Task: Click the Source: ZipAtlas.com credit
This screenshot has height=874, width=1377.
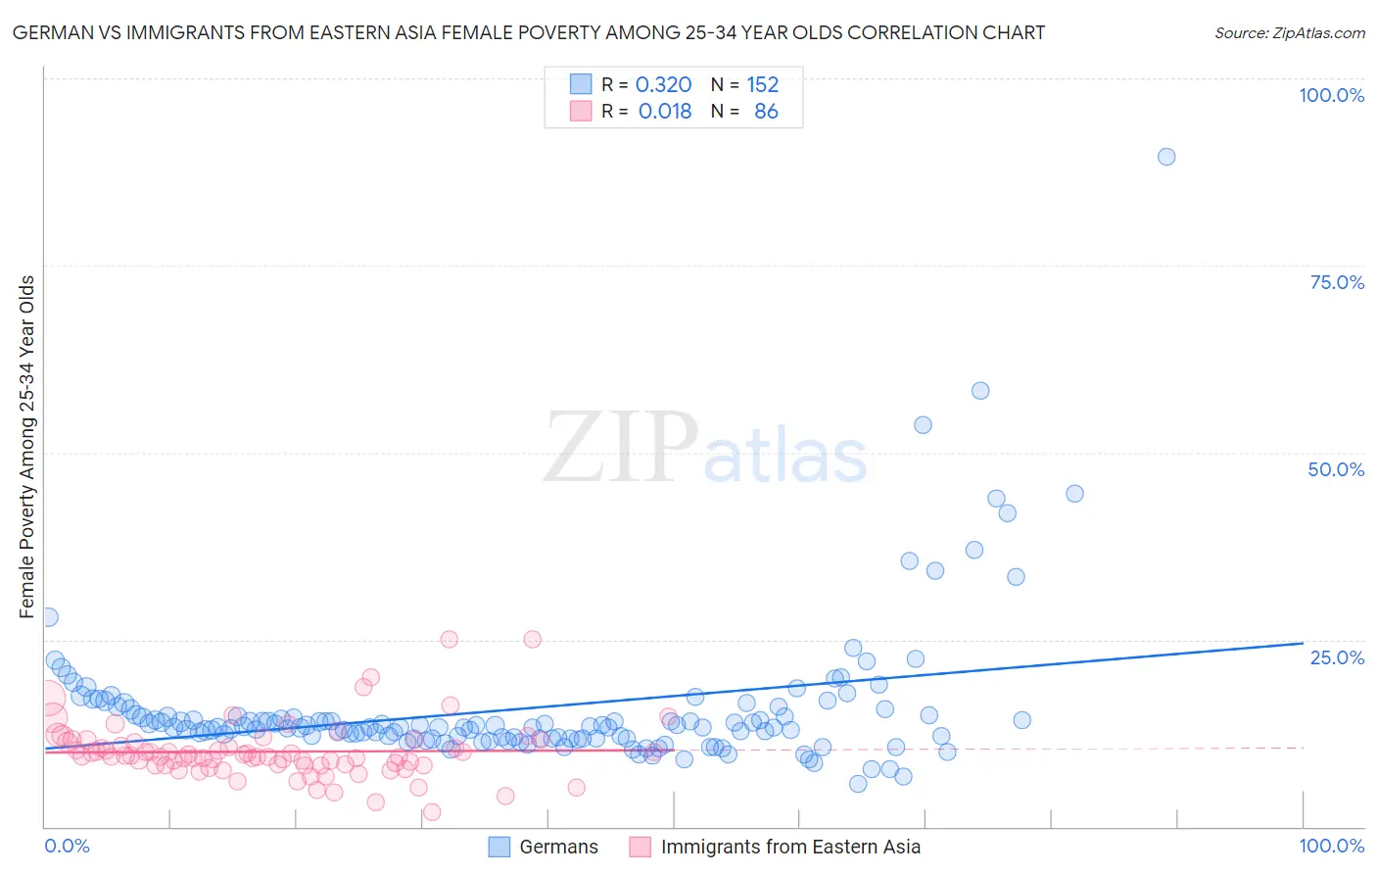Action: pos(1289,32)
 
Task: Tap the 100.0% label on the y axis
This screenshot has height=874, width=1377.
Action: pos(1331,95)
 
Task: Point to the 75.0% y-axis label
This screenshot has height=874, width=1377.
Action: pos(1337,282)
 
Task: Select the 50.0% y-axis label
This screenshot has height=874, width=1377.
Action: pos(1336,469)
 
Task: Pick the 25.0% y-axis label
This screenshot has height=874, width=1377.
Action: pos(1337,657)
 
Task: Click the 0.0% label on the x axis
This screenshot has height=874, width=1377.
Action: pos(67,846)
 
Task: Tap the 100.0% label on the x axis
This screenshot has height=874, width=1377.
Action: pos(1331,846)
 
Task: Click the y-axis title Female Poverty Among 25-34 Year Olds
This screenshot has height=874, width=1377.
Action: pos(26,447)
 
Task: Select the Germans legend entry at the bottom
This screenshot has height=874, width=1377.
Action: pos(558,847)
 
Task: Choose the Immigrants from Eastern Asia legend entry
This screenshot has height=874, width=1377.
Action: pos(790,847)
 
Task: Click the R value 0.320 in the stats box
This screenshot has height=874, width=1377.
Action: pos(663,85)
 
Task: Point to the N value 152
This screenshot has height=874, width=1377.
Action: pos(762,85)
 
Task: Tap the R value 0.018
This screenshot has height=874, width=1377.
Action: pos(665,112)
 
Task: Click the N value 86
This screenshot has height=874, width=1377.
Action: pos(766,112)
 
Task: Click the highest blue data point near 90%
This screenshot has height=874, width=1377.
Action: pos(1165,157)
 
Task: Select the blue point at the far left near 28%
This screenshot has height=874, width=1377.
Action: pos(48,617)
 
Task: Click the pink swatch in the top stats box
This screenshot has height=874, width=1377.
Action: pos(581,112)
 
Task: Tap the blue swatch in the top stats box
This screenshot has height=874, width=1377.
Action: pos(581,84)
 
